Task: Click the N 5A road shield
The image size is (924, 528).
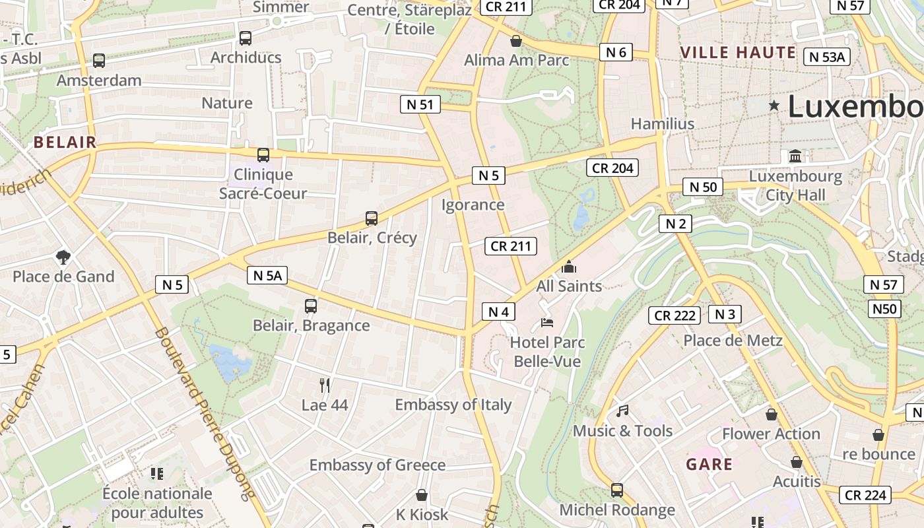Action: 267,275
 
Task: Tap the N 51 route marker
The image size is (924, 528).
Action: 420,104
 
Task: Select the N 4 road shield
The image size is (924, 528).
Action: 498,311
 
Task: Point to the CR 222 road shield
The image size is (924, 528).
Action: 675,315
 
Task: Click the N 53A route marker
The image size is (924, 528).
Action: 826,57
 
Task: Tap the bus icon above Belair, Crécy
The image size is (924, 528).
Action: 372,218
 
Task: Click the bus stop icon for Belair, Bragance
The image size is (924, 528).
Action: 311,306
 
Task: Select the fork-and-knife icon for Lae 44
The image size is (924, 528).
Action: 324,385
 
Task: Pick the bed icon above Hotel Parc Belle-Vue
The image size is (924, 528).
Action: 546,323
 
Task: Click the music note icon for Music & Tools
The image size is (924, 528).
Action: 622,411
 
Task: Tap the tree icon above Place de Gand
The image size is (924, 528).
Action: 63,257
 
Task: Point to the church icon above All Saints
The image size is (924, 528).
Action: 568,267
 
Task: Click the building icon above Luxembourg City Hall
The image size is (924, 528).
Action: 795,157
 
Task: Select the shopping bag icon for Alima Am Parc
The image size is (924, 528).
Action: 516,41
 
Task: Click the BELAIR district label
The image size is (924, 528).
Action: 65,142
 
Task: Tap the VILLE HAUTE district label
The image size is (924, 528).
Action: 738,53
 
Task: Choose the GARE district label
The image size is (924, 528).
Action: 709,464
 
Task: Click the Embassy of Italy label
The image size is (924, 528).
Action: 453,405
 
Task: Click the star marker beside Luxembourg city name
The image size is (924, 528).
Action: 774,106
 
